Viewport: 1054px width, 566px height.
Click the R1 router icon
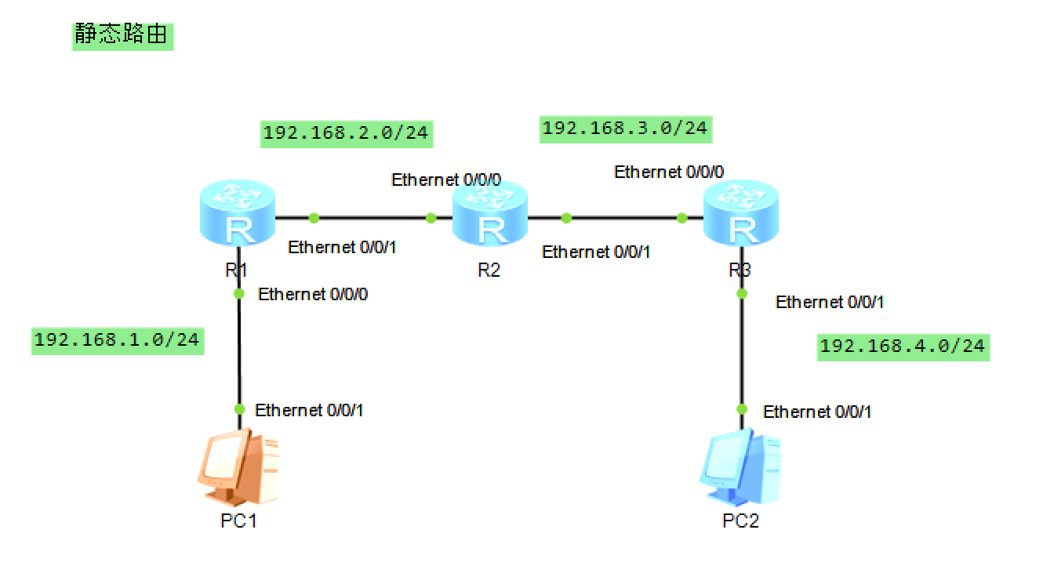click(x=238, y=216)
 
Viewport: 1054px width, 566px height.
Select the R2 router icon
click(x=490, y=216)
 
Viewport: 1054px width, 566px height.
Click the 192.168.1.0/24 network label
click(x=118, y=340)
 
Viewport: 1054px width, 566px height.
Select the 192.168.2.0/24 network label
click(x=346, y=132)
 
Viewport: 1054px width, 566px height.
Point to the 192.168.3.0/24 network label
click(x=625, y=127)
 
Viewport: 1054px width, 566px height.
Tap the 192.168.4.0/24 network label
click(x=903, y=346)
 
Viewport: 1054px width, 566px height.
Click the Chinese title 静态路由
click(x=122, y=35)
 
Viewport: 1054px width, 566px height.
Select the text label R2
click(x=489, y=270)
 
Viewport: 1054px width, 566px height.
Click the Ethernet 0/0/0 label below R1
click(x=313, y=295)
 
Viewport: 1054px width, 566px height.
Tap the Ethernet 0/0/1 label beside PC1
click(x=309, y=410)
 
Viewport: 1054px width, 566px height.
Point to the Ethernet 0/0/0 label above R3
click(x=669, y=172)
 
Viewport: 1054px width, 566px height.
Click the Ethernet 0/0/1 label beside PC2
click(x=817, y=412)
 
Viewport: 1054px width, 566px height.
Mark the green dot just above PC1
click(x=240, y=409)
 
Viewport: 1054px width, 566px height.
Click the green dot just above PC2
click(x=741, y=409)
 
